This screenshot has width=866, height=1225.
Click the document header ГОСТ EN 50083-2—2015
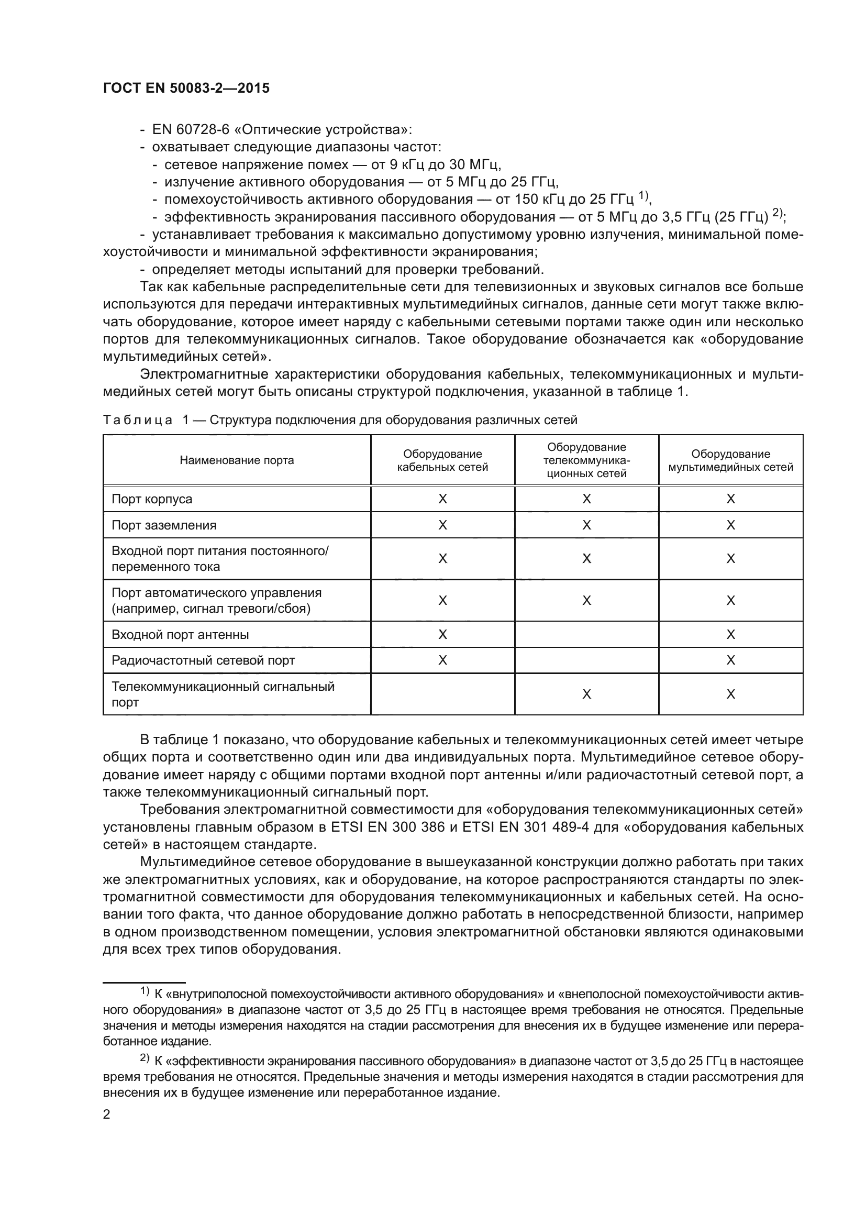[x=186, y=89]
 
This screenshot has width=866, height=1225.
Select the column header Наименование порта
[x=237, y=460]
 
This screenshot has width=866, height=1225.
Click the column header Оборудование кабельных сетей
[x=442, y=460]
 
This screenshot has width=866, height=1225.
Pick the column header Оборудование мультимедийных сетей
[x=730, y=460]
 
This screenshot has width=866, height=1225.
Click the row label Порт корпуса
[x=152, y=500]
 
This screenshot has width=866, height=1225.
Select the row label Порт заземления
[x=164, y=525]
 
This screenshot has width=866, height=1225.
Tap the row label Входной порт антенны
[x=180, y=635]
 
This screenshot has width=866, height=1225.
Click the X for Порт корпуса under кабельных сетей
[x=442, y=500]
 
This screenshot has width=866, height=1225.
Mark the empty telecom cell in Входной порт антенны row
[x=586, y=635]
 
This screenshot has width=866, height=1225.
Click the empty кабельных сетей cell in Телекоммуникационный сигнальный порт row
[x=442, y=694]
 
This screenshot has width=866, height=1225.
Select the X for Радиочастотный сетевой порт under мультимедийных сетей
[x=730, y=661]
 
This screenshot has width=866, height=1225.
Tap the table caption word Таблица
[x=138, y=421]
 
